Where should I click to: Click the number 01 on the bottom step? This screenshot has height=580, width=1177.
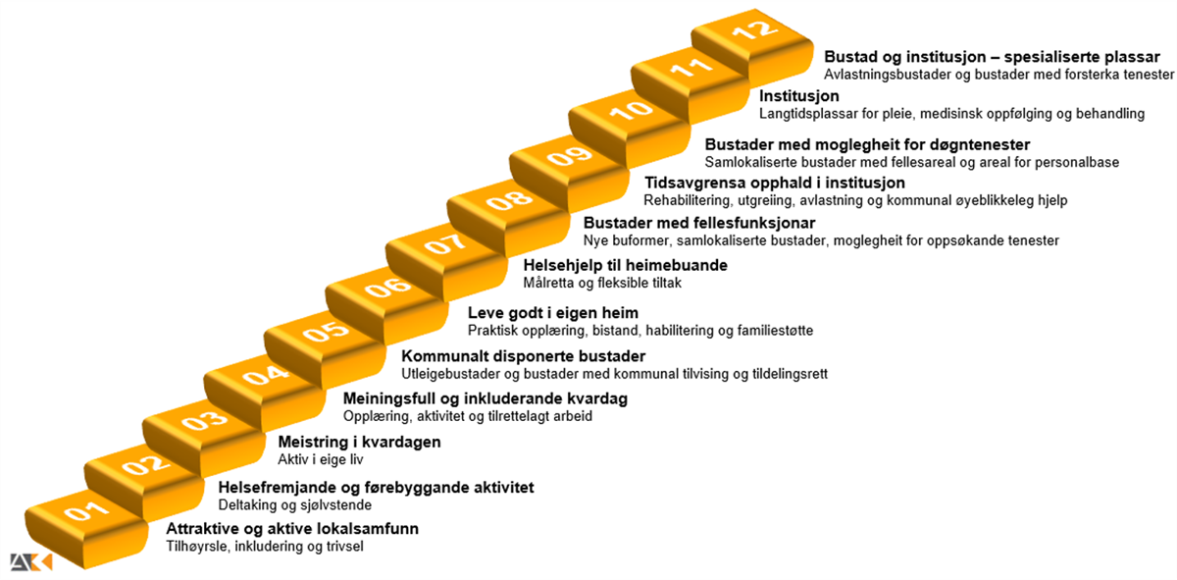[x=86, y=510]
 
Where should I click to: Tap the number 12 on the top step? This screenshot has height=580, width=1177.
[x=754, y=30]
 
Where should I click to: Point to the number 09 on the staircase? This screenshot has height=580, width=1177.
[x=569, y=156]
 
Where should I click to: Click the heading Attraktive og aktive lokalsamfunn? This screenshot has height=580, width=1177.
[x=292, y=528]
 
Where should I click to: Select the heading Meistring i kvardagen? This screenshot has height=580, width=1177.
[x=359, y=442]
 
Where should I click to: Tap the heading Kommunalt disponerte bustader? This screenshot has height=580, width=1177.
[x=524, y=356]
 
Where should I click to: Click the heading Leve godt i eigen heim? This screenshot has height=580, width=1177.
[x=553, y=313]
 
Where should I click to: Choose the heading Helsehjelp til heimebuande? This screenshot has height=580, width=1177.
[x=626, y=265]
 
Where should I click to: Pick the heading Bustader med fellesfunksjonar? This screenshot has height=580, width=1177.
[x=699, y=223]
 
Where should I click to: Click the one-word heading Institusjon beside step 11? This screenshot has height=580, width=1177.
[x=798, y=96]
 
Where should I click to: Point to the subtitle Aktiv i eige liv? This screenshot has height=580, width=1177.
[x=321, y=459]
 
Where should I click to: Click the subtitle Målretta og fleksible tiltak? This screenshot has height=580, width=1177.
[x=602, y=283]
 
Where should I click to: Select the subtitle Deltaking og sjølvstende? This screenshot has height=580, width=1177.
[x=295, y=504]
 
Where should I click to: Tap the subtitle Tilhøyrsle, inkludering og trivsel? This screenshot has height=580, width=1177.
[x=265, y=547]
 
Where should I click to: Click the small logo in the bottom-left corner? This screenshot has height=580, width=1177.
[x=31, y=562]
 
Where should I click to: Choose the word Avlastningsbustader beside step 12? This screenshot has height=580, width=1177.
[x=887, y=75]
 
